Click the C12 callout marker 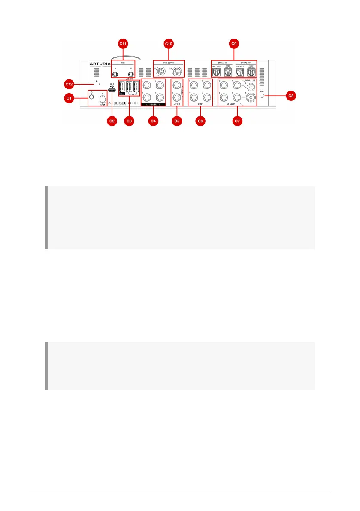tap(70, 83)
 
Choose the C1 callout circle tap(70, 98)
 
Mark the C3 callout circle tap(130, 121)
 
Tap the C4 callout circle tap(153, 121)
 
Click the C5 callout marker tap(177, 121)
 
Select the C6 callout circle tap(200, 121)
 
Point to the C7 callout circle tap(236, 121)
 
